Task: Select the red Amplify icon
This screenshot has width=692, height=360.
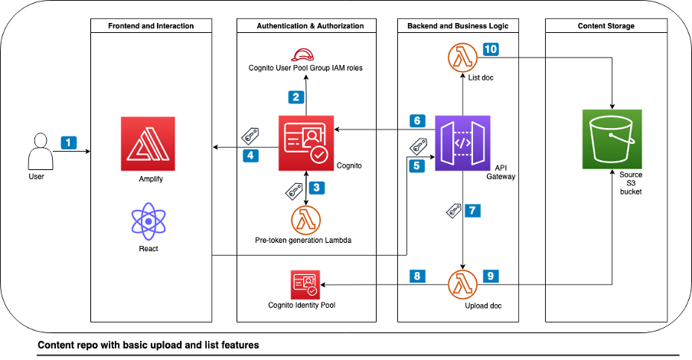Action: click(x=148, y=144)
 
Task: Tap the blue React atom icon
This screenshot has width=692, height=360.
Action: click(x=148, y=221)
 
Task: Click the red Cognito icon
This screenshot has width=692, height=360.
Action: click(x=306, y=143)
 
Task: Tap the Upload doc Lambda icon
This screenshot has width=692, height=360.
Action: click(x=462, y=284)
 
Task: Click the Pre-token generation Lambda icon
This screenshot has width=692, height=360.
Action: click(x=306, y=220)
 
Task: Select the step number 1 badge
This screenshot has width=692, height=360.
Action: click(x=70, y=142)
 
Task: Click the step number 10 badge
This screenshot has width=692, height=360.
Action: click(x=491, y=49)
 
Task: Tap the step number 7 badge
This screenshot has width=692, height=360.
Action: click(x=474, y=210)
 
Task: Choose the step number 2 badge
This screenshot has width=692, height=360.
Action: click(x=295, y=97)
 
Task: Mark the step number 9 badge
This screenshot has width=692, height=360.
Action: click(x=491, y=274)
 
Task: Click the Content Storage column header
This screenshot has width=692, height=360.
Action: click(x=610, y=26)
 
